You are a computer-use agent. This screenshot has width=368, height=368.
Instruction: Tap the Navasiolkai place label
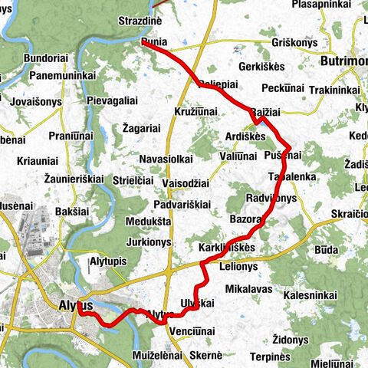click(x=166, y=159)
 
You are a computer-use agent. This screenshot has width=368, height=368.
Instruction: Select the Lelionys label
click(x=238, y=266)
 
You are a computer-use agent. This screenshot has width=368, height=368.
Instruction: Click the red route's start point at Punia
click(x=144, y=43)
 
